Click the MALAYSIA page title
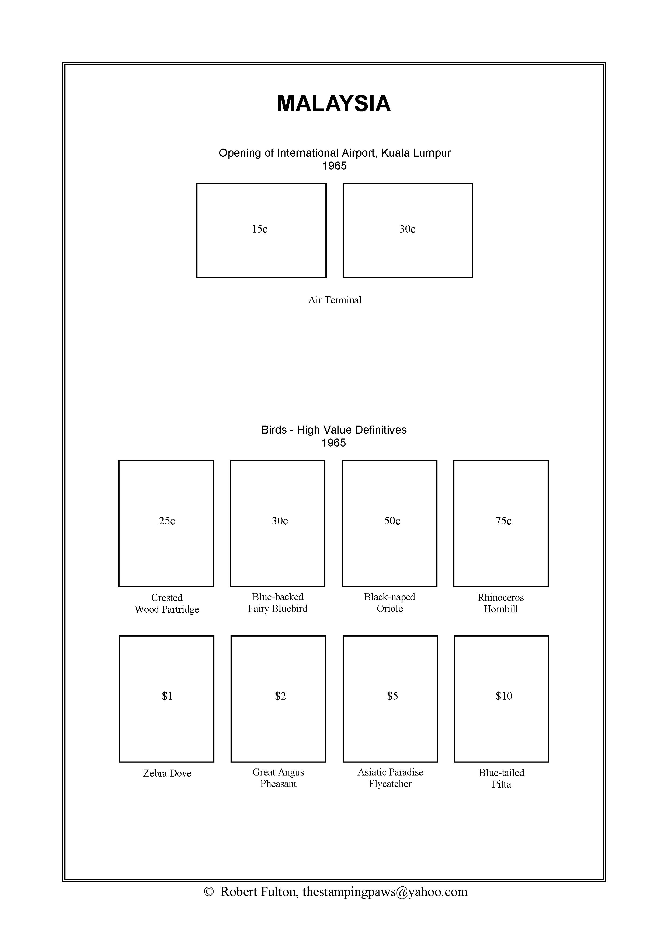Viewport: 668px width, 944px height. click(x=333, y=104)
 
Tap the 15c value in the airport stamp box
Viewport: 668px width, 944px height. click(x=260, y=229)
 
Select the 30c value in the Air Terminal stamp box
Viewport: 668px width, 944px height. click(x=407, y=229)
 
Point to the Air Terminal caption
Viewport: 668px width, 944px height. click(x=335, y=300)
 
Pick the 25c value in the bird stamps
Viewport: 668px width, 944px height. click(x=167, y=521)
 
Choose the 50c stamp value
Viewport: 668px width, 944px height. click(x=392, y=521)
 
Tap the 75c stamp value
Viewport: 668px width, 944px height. click(x=503, y=521)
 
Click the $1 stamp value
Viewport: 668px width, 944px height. click(x=167, y=696)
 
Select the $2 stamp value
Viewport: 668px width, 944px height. click(x=280, y=696)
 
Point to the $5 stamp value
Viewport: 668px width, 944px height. click(x=392, y=696)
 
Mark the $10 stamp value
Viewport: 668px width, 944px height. click(x=504, y=696)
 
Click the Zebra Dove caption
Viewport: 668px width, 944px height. click(x=167, y=773)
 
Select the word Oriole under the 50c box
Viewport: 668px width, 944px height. click(x=389, y=609)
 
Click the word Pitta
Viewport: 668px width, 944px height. click(x=502, y=784)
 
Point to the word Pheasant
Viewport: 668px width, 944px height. click(x=278, y=784)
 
